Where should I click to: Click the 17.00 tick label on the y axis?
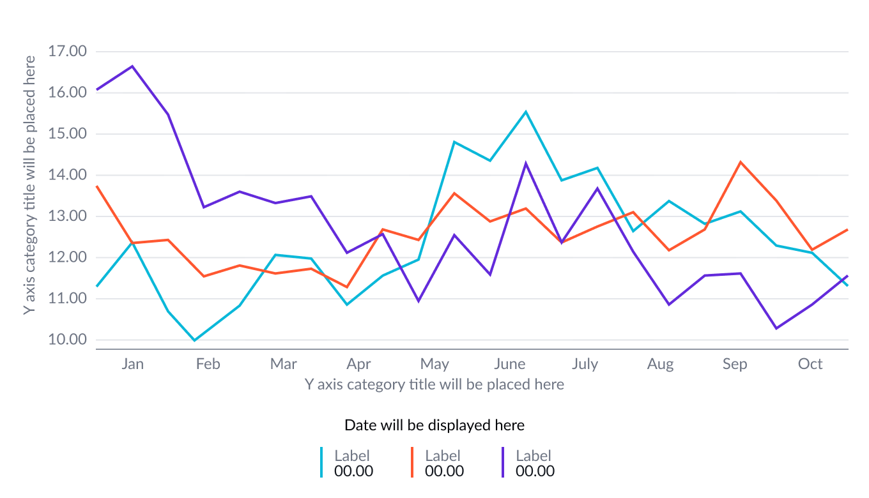point(67,51)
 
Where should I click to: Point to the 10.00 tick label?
point(67,340)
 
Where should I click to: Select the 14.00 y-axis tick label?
point(67,175)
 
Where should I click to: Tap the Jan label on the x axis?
point(133,364)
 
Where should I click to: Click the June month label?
point(509,364)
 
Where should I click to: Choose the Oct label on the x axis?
point(810,364)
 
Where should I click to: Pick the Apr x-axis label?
point(358,364)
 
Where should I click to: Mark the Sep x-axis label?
point(735,364)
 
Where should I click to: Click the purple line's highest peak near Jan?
point(132,66)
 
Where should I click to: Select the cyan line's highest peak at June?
point(526,112)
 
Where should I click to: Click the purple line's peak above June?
point(526,163)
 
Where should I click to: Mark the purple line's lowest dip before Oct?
point(776,328)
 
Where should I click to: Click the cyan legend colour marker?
point(321,462)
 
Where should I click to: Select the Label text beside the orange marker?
point(443,456)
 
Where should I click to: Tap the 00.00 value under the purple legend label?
point(535,471)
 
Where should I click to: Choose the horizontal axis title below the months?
point(434,384)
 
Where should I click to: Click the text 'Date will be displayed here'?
point(434,425)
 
